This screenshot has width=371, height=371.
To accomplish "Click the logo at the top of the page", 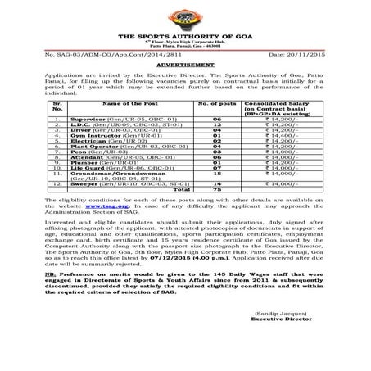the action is [185, 19].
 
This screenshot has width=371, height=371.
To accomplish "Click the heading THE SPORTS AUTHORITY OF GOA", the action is [185, 38].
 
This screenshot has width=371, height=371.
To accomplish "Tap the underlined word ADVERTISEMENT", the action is [185, 61].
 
